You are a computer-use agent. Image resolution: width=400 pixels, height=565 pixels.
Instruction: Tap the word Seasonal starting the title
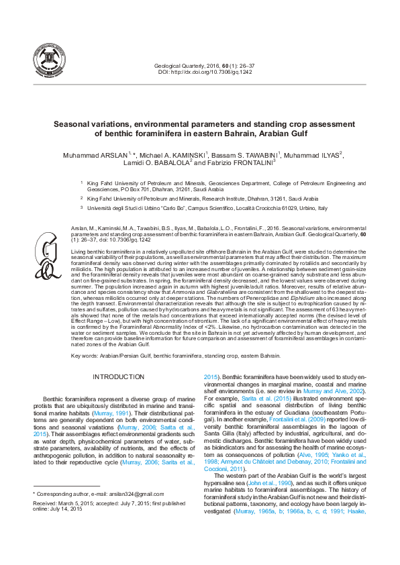pyautogui.click(x=73, y=124)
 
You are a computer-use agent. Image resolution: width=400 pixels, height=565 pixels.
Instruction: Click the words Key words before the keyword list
pyautogui.click(x=83, y=355)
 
